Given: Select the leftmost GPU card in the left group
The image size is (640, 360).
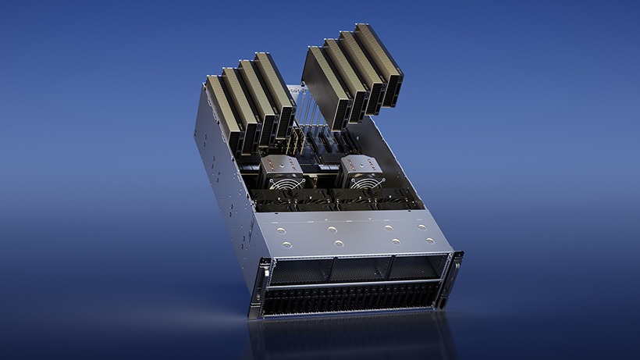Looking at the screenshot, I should click(222, 113).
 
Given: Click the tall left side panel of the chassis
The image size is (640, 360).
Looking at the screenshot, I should click(222, 187).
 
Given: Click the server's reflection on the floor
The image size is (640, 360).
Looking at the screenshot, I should click(351, 336).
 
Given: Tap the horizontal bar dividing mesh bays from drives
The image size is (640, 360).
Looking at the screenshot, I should click(355, 283).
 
